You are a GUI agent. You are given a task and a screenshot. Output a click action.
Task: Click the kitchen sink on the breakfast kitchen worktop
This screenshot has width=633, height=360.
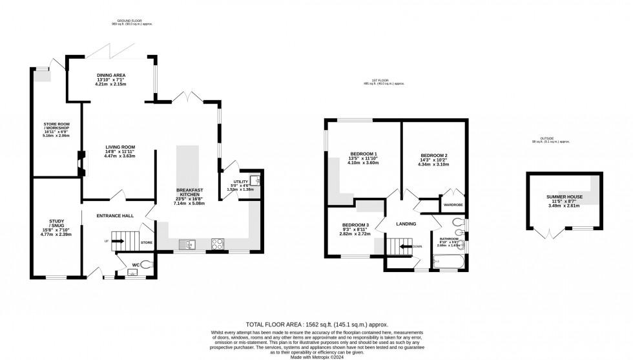point(187,244)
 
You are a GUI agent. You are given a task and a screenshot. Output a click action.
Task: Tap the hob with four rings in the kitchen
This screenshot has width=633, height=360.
point(218,244)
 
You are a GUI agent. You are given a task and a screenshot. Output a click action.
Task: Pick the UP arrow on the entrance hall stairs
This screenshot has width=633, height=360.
point(117,242)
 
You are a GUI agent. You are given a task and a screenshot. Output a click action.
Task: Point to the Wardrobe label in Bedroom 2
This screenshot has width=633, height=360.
point(451,206)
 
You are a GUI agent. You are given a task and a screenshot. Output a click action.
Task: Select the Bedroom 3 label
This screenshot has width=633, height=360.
point(355,226)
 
